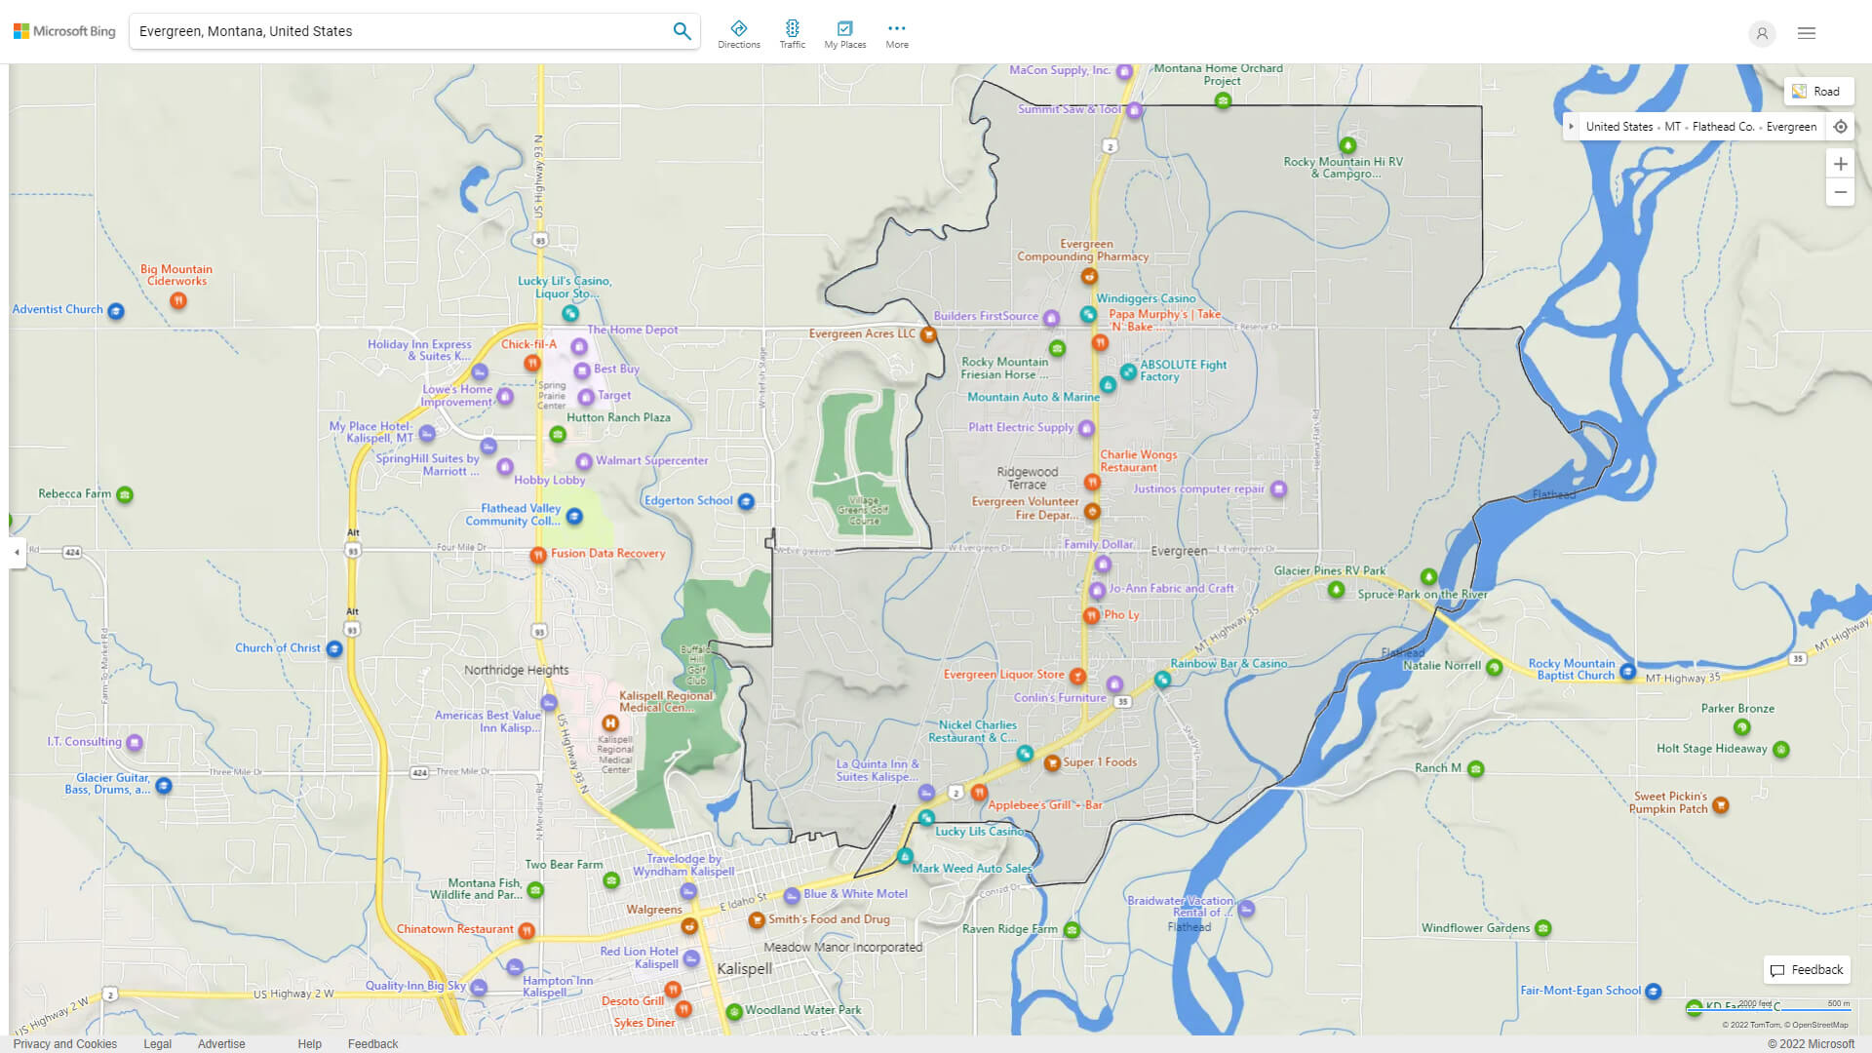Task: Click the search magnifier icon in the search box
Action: pyautogui.click(x=682, y=31)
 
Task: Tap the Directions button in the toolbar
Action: pyautogui.click(x=739, y=34)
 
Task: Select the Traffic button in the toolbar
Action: pyautogui.click(x=792, y=34)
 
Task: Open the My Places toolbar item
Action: pyautogui.click(x=844, y=34)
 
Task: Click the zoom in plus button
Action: pyautogui.click(x=1840, y=164)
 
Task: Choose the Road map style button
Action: pyautogui.click(x=1817, y=92)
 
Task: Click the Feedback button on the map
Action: pyautogui.click(x=1807, y=970)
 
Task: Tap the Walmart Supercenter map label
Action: pyautogui.click(x=651, y=461)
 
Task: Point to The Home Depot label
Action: pyautogui.click(x=633, y=330)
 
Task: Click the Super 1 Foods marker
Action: pyautogui.click(x=1052, y=763)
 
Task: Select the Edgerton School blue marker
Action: pyautogui.click(x=746, y=502)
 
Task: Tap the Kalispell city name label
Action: pyautogui.click(x=744, y=969)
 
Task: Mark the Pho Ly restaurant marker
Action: pyautogui.click(x=1091, y=615)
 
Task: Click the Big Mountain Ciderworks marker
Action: pyautogui.click(x=177, y=300)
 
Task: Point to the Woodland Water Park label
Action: pyautogui.click(x=802, y=1010)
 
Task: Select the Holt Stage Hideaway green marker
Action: pyautogui.click(x=1781, y=750)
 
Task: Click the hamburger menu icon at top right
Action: pyautogui.click(x=1807, y=33)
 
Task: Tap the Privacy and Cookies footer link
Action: pyautogui.click(x=65, y=1044)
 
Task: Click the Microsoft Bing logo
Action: pyautogui.click(x=64, y=31)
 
